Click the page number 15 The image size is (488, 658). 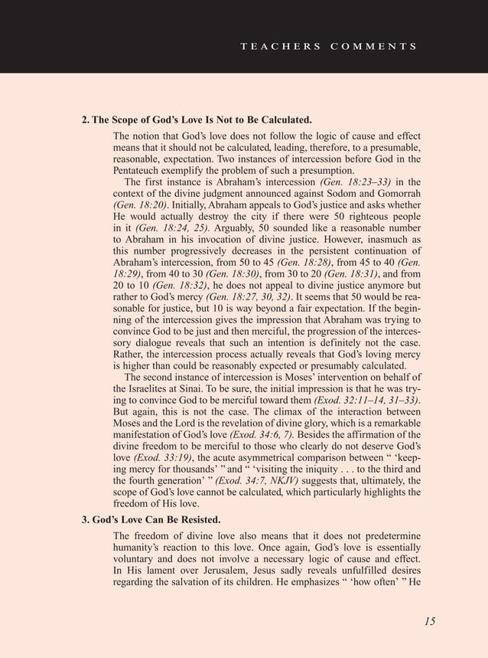pos(430,621)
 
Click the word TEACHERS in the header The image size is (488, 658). pos(281,46)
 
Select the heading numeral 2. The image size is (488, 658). pos(85,121)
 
